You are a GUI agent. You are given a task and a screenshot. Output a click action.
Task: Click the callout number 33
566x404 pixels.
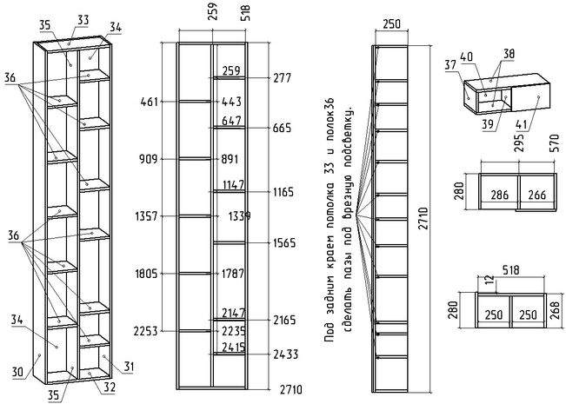point(83,18)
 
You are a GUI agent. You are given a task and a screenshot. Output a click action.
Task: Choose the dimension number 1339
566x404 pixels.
point(239,215)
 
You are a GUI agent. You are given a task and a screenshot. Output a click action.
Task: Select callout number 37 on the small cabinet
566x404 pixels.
point(451,63)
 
